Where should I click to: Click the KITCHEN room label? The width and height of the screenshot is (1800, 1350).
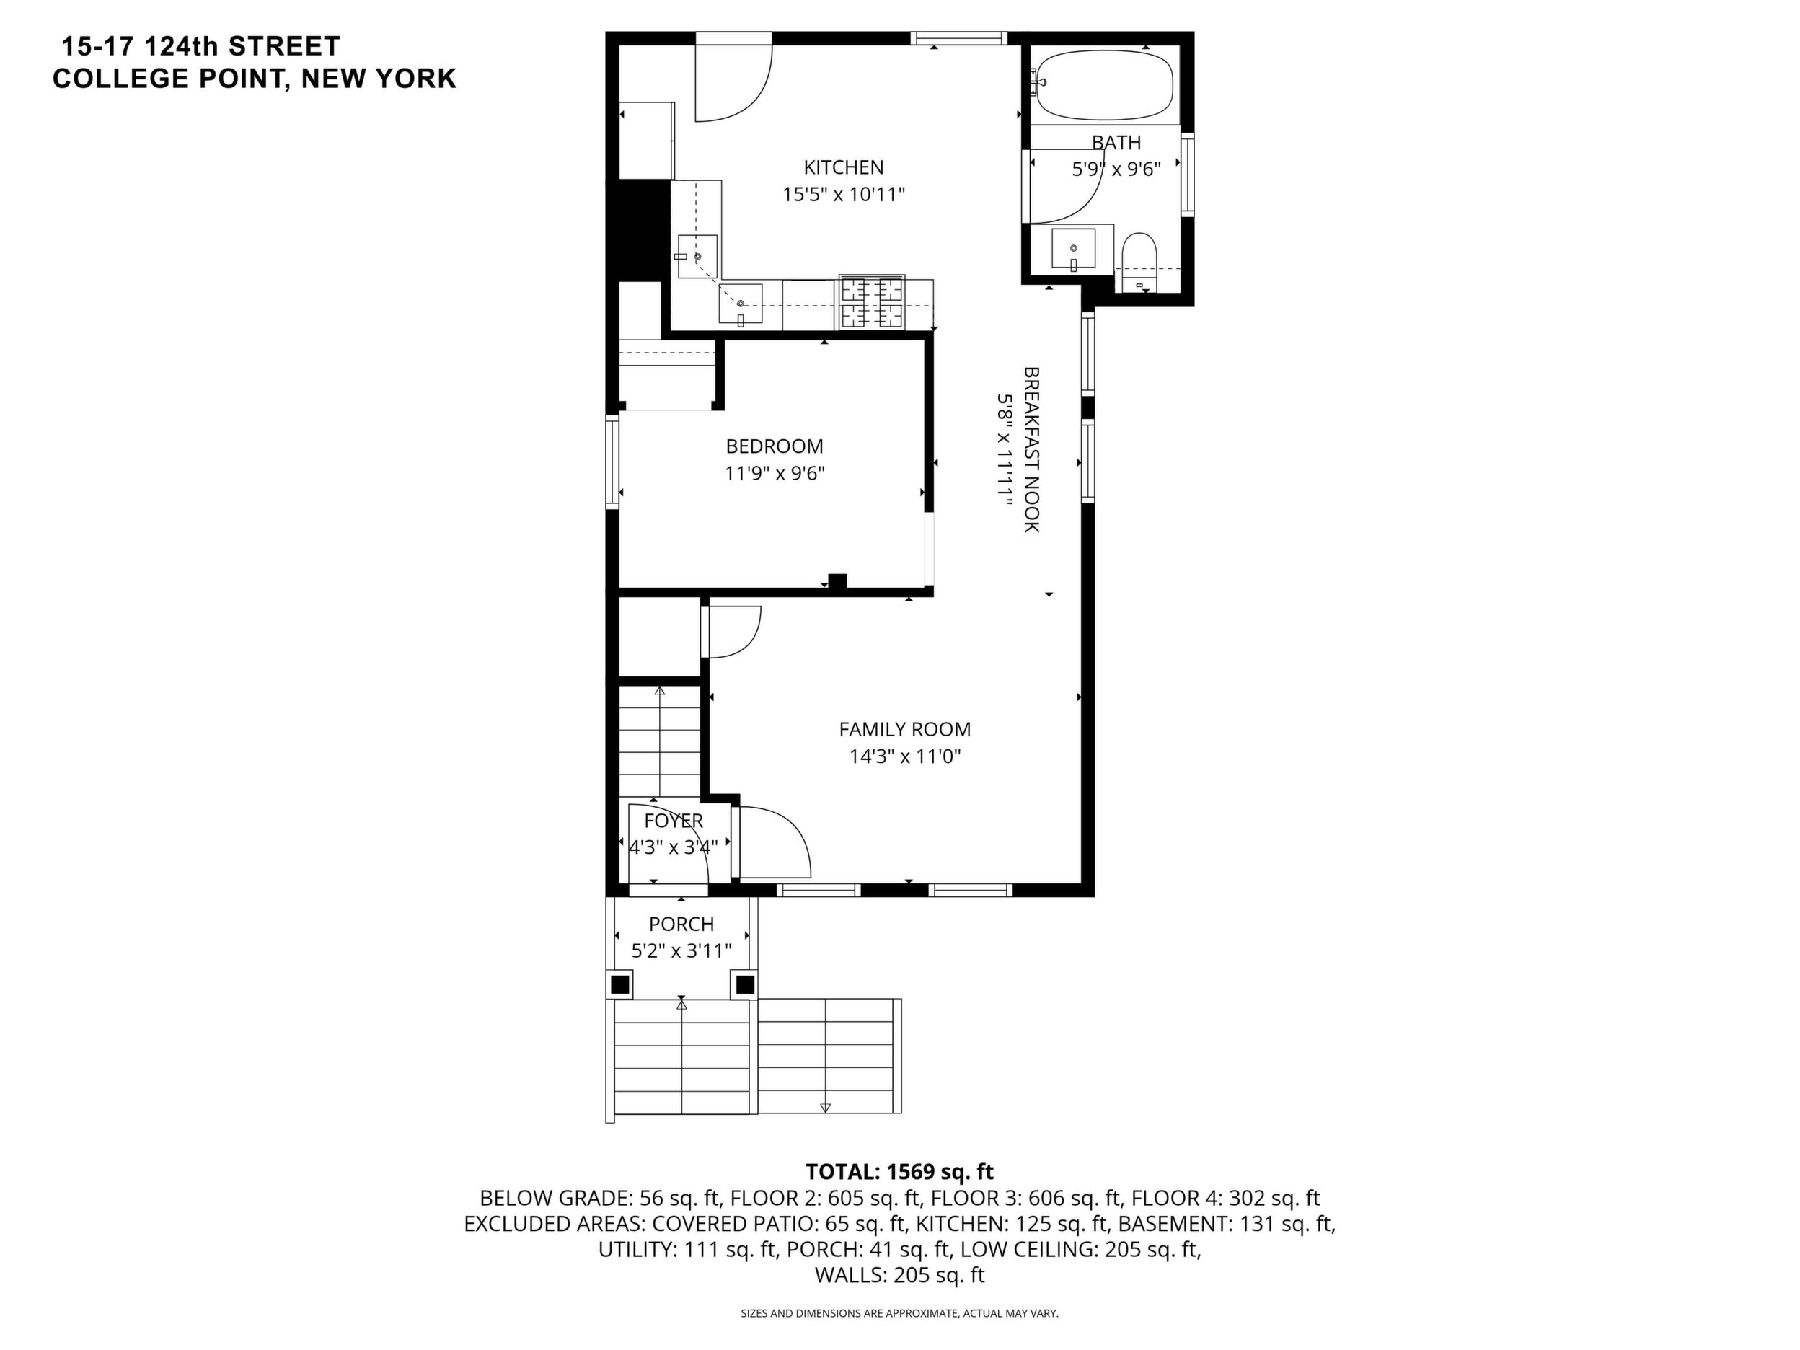(x=843, y=167)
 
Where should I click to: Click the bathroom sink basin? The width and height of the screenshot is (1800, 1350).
(x=1073, y=249)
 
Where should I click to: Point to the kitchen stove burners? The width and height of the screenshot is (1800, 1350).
(x=873, y=302)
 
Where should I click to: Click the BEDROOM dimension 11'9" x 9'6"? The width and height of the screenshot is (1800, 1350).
(x=775, y=474)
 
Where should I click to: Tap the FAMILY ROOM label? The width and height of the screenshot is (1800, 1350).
(x=905, y=729)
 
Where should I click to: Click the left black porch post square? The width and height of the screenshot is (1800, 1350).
(x=620, y=984)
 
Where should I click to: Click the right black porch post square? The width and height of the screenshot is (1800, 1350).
(x=744, y=984)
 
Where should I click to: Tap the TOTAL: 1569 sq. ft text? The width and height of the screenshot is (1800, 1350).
(x=899, y=1172)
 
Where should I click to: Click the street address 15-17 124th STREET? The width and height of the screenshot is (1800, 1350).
(x=201, y=45)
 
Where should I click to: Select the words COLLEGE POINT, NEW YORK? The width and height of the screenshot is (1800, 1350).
(x=255, y=79)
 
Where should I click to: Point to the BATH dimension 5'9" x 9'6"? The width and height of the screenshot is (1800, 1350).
(x=1116, y=169)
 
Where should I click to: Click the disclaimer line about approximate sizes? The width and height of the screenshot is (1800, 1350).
(x=899, y=1313)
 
